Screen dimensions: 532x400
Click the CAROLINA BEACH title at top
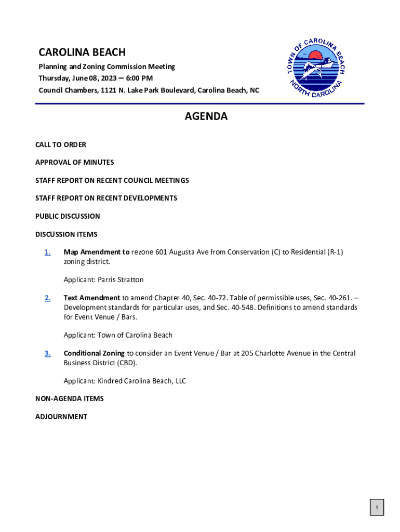click(x=82, y=52)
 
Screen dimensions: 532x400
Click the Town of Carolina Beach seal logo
click(x=316, y=67)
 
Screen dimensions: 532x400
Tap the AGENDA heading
click(x=206, y=117)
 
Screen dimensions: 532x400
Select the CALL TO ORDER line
click(x=61, y=144)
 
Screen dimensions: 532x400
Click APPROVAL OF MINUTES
click(x=74, y=163)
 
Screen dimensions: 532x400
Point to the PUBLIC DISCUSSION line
click(x=68, y=216)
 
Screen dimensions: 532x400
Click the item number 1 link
click(x=47, y=252)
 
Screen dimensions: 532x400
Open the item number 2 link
click(x=47, y=298)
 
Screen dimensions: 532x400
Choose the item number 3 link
click(x=47, y=354)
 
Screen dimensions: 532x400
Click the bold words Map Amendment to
click(x=97, y=252)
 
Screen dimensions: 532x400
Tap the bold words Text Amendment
click(x=91, y=298)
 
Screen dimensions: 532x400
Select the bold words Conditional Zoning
click(x=94, y=353)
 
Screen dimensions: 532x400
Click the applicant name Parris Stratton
click(x=121, y=280)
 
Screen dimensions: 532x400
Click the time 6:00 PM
click(x=139, y=78)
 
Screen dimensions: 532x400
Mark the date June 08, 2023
click(x=91, y=78)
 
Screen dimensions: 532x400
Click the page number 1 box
click(x=377, y=508)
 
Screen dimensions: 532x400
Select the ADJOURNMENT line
click(x=61, y=417)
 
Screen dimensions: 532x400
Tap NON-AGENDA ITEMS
click(x=70, y=399)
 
